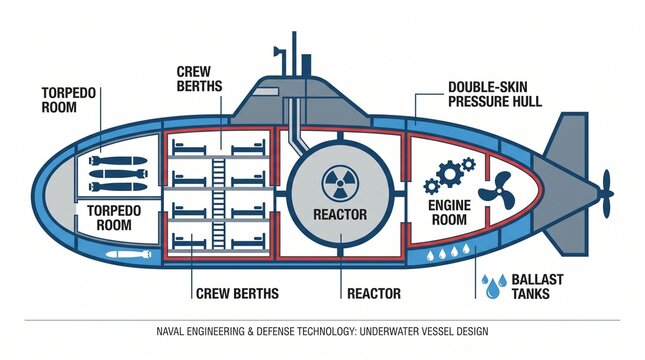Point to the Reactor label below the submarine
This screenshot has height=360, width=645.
tap(374, 293)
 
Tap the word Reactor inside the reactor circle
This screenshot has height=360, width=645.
tap(340, 215)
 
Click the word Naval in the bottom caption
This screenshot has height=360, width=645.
tap(173, 330)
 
